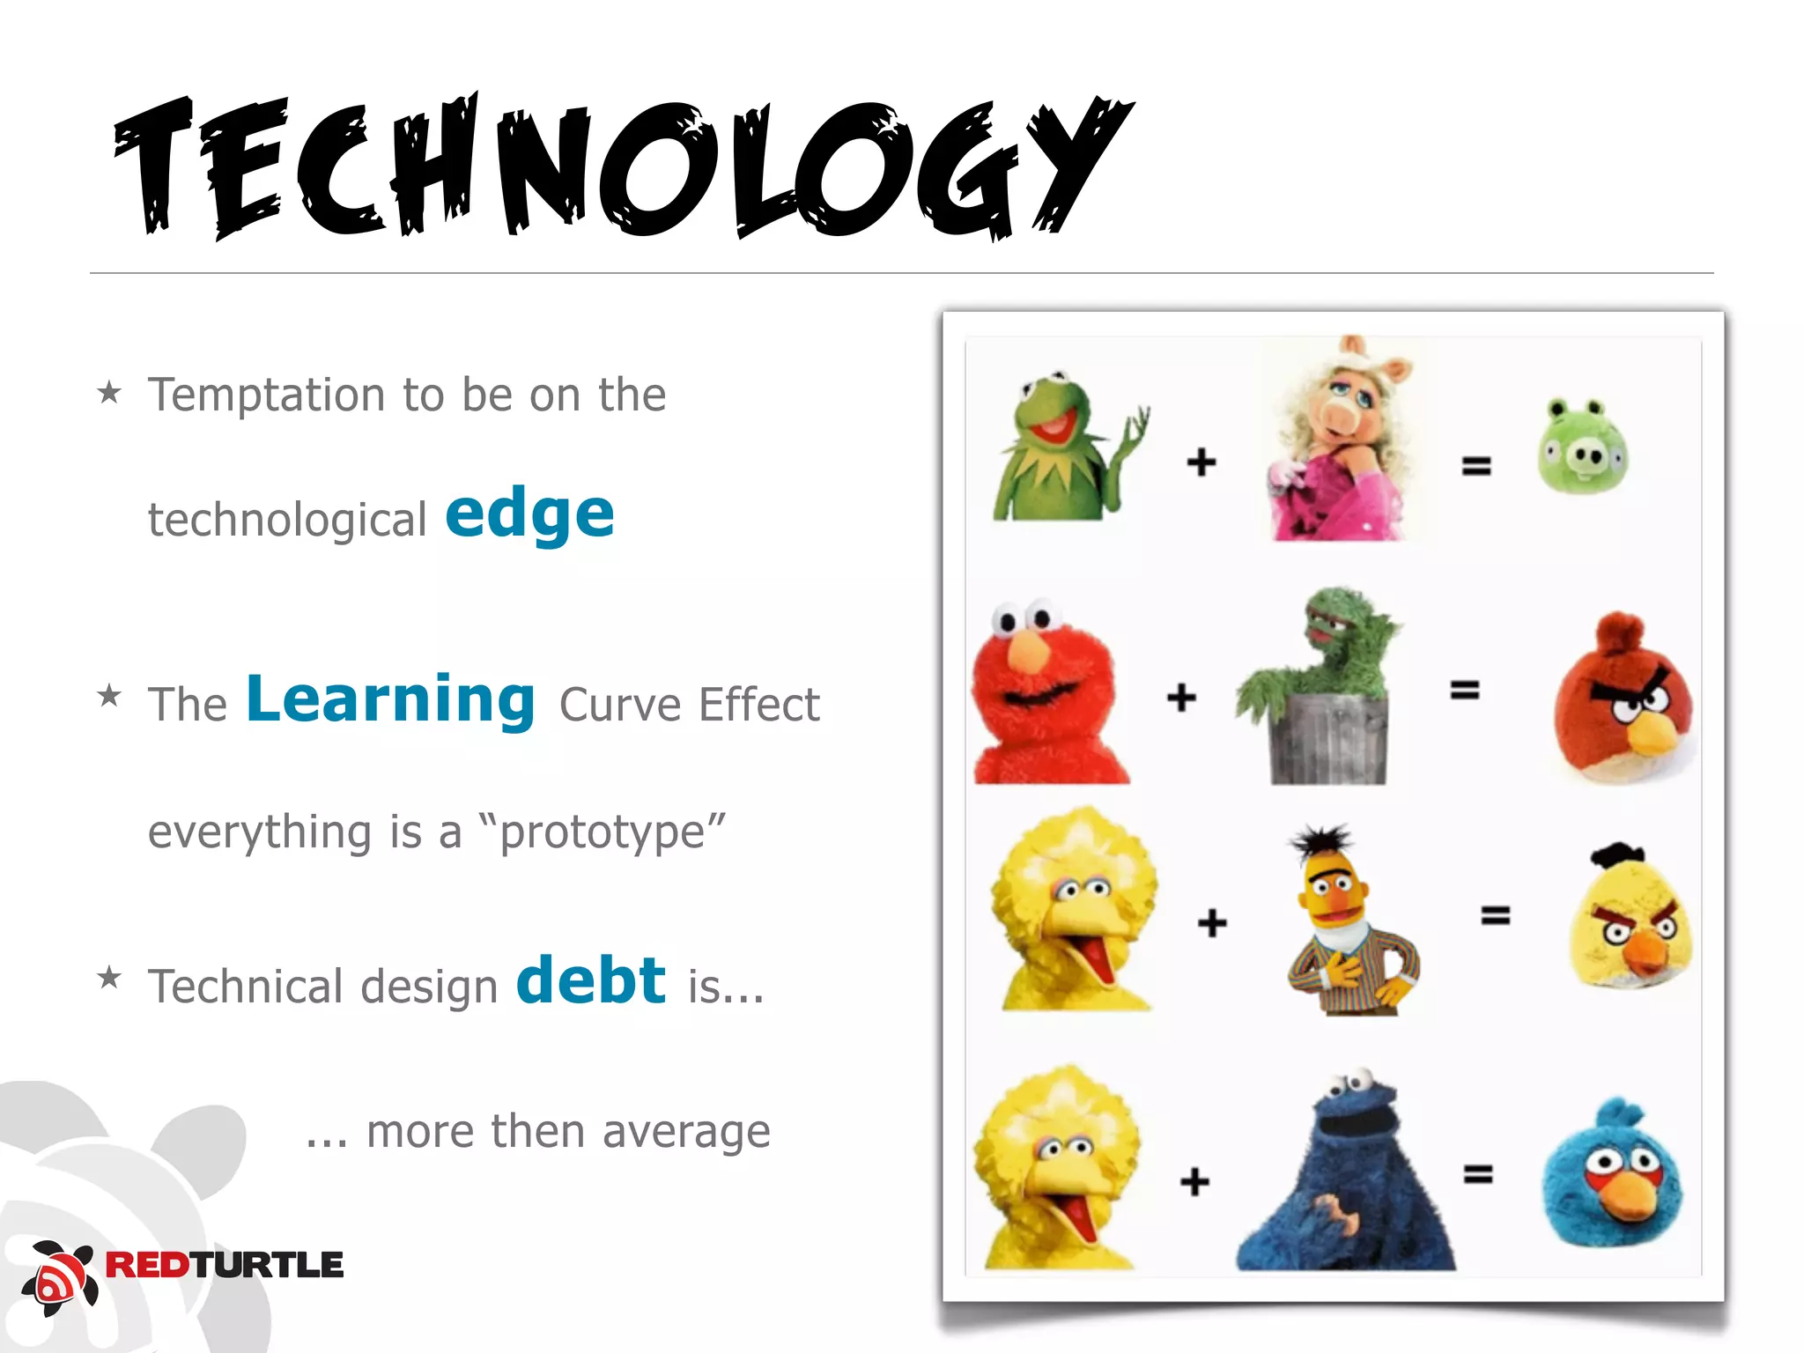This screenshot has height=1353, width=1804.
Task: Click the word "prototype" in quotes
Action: [x=603, y=832]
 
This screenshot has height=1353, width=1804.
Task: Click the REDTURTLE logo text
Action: [x=224, y=1265]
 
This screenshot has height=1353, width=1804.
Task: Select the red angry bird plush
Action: [x=1622, y=699]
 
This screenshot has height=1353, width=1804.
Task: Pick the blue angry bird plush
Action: [x=1612, y=1175]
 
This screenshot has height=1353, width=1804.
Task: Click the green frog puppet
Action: [x=1061, y=449]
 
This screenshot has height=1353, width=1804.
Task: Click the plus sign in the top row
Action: [x=1201, y=462]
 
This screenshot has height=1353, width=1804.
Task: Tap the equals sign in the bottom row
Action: [x=1478, y=1174]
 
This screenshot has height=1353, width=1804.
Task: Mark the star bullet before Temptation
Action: [x=109, y=392]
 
